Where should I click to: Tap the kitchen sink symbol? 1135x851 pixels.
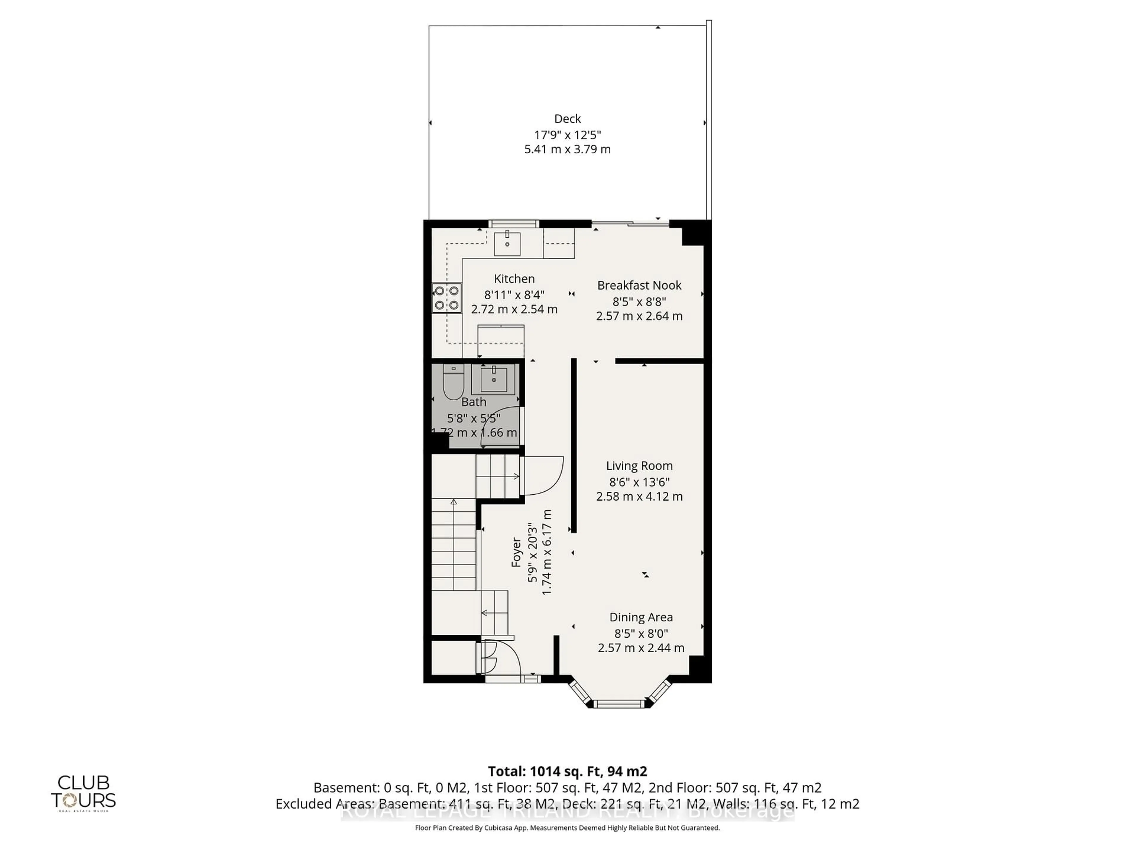point(507,244)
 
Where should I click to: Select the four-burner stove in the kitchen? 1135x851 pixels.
point(446,298)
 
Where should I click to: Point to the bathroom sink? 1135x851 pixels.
point(494,380)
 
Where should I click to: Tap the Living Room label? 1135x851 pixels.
point(639,466)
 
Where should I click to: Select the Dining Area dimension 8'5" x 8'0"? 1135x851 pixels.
point(641,634)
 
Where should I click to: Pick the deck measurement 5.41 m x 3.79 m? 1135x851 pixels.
point(567,149)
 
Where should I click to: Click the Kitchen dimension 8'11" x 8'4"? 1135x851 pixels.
point(514,295)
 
